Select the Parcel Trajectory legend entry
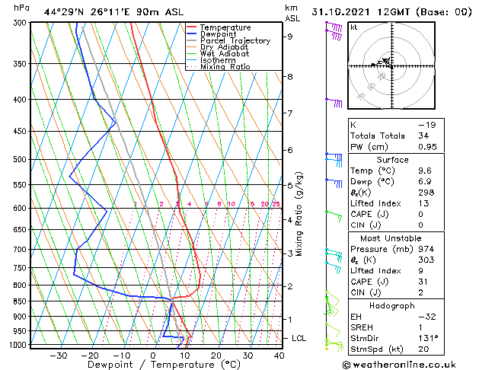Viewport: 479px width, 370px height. click(x=235, y=41)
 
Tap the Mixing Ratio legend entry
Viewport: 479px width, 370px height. click(x=228, y=67)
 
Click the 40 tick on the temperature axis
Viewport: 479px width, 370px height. click(x=279, y=356)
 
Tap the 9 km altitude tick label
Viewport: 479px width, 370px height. click(x=289, y=37)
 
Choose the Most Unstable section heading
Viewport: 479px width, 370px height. click(x=394, y=238)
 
